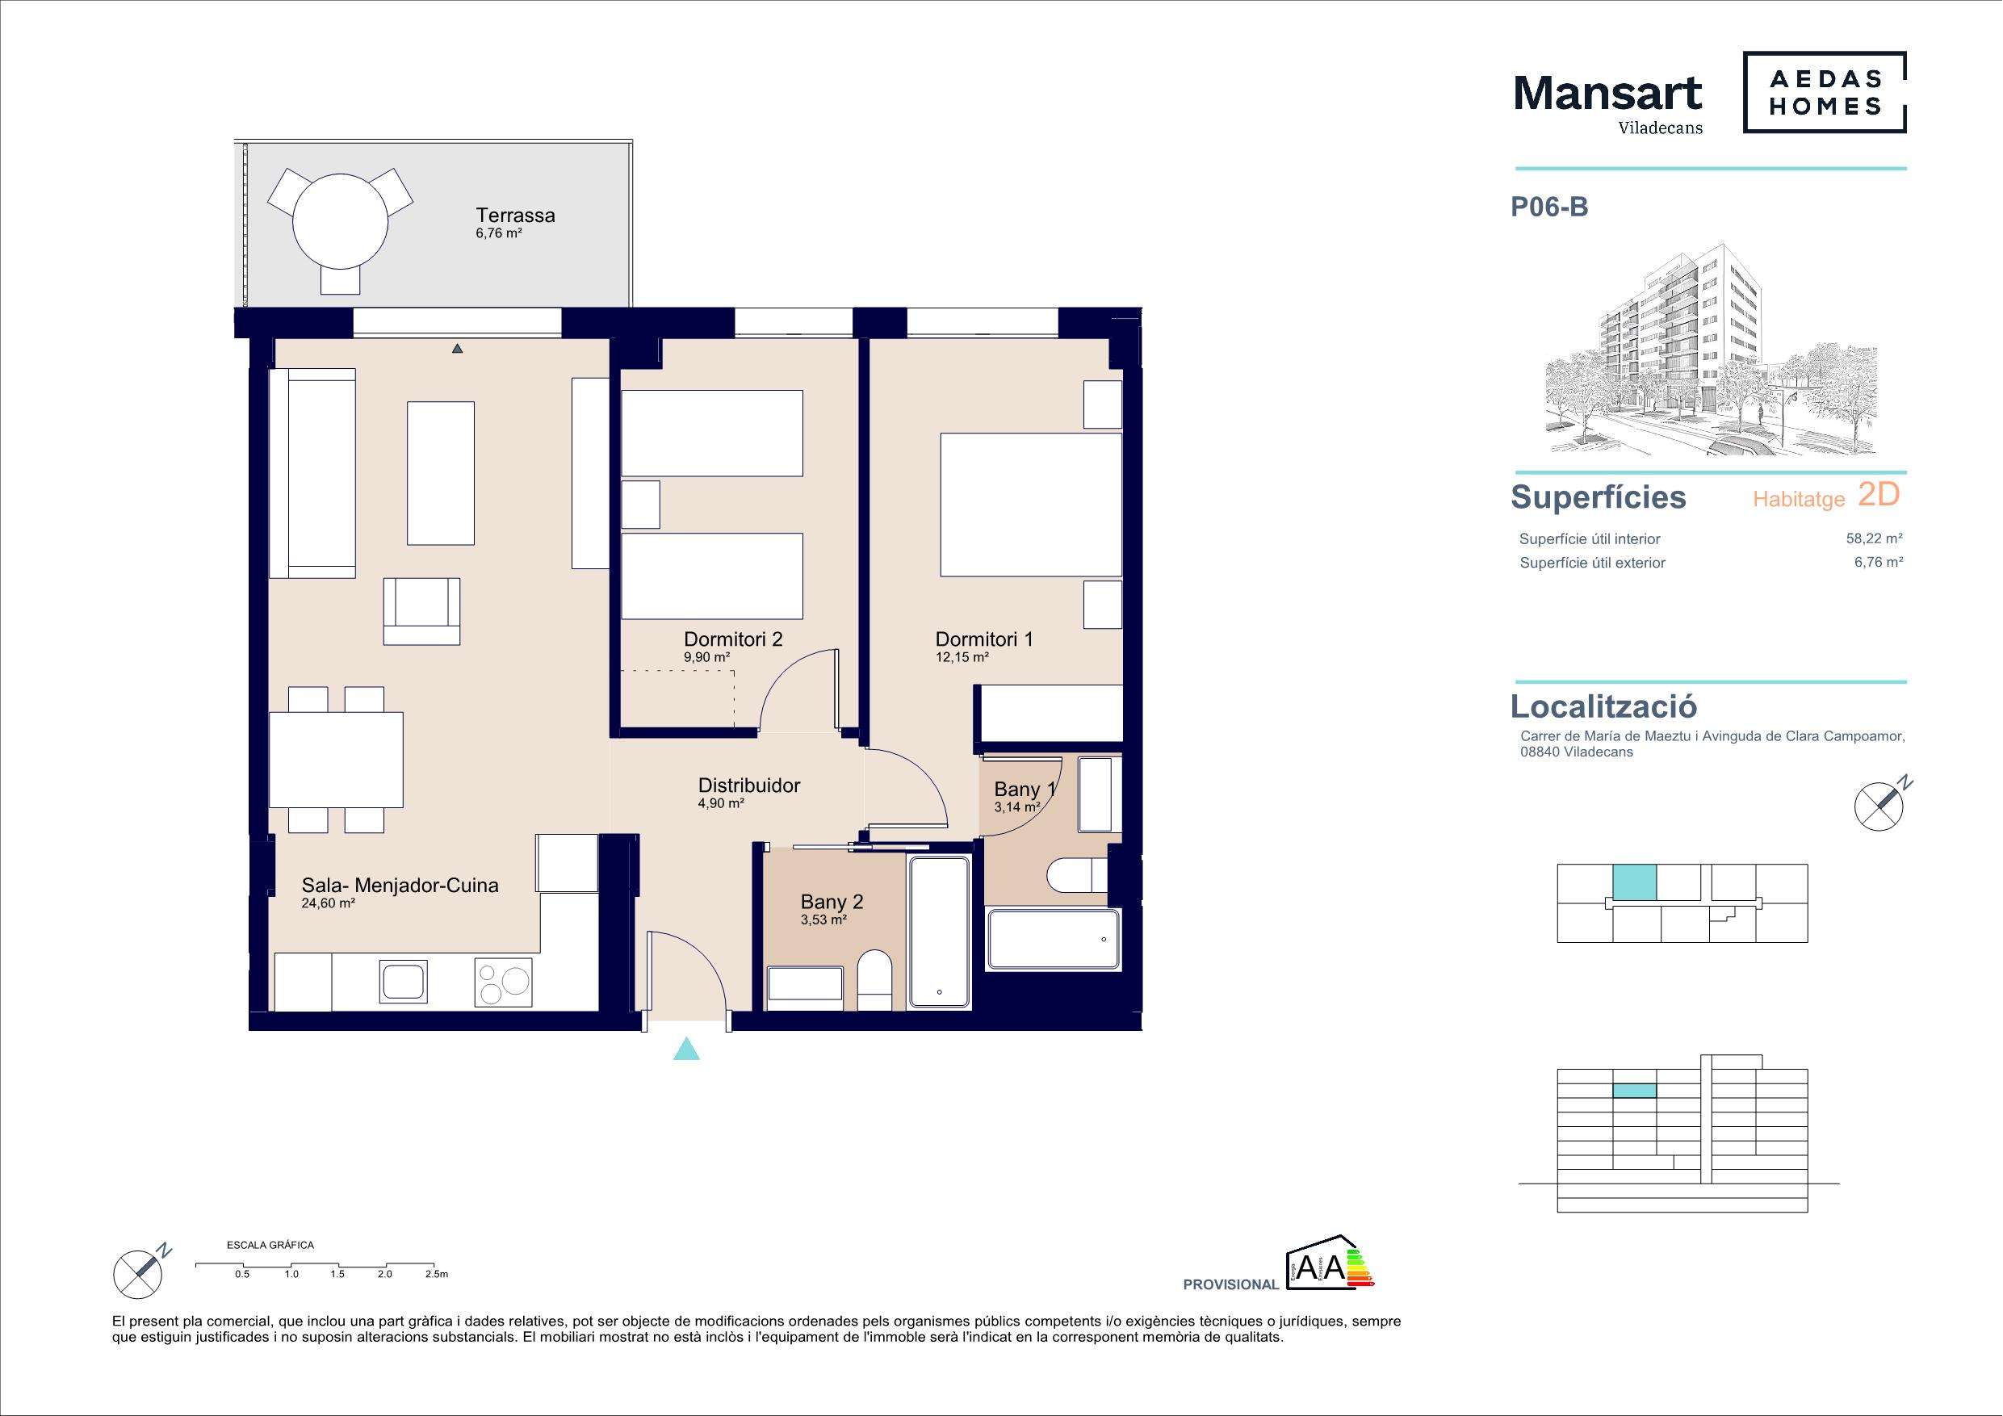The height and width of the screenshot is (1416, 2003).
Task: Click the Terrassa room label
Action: pos(515,215)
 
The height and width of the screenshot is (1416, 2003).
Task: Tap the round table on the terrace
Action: pos(339,222)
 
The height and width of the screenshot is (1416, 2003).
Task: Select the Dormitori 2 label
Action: pos(733,639)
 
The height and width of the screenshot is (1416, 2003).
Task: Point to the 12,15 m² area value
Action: pos(962,658)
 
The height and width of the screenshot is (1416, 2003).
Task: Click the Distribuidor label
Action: pos(749,786)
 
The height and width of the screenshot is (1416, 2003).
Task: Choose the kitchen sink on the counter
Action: pos(404,982)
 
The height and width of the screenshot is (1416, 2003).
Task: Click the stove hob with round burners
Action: pos(503,982)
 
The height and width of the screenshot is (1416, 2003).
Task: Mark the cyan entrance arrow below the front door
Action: pos(686,1049)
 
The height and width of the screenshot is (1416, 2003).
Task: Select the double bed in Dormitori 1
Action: pos(1030,505)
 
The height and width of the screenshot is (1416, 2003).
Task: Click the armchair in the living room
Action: pos(421,611)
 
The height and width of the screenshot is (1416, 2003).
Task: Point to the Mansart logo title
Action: pos(1607,93)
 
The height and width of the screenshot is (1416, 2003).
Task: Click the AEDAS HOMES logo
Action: pos(1824,93)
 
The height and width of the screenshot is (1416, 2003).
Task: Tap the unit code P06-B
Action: pos(1549,207)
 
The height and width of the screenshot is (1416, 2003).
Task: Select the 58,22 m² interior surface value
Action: pos(1874,538)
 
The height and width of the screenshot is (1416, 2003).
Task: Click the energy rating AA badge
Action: pos(1330,1262)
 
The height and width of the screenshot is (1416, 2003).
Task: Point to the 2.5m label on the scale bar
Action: pos(436,1274)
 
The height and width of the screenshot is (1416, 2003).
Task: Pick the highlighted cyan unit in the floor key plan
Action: pos(1634,882)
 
